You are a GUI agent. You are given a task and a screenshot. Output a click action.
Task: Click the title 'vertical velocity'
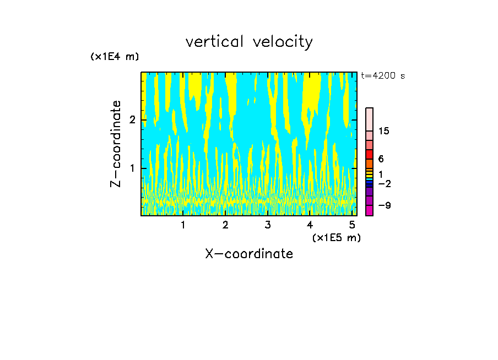[x=249, y=42]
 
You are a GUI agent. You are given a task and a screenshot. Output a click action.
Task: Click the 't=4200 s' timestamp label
[x=383, y=76]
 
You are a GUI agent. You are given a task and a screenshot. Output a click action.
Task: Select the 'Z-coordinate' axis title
[x=116, y=144]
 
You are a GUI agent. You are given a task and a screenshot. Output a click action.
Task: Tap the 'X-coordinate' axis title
[x=249, y=254]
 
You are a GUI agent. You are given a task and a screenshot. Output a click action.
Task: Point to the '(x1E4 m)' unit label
[x=115, y=57]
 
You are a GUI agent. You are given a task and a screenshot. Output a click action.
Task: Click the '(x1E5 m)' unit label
[x=336, y=237]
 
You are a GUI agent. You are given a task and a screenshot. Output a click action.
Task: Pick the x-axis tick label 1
[x=183, y=225]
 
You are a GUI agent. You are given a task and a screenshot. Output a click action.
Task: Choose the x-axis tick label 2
[x=225, y=225]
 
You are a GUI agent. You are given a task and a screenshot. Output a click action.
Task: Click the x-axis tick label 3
[x=268, y=225]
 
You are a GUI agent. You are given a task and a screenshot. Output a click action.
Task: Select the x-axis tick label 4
[x=310, y=225]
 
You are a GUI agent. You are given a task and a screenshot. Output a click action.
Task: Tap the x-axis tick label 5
[x=352, y=225]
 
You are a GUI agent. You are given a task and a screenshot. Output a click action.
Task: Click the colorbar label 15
[x=385, y=131]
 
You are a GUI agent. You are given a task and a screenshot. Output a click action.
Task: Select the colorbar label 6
[x=381, y=159]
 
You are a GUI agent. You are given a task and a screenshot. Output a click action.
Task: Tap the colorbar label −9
[x=385, y=205]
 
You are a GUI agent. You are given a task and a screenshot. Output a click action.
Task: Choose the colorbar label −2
[x=385, y=183]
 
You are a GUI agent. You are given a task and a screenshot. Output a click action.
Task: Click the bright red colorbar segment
[x=369, y=154]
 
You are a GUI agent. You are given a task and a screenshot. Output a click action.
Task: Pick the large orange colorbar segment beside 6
[x=369, y=163]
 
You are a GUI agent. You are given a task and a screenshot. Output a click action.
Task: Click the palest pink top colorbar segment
[x=369, y=119]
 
